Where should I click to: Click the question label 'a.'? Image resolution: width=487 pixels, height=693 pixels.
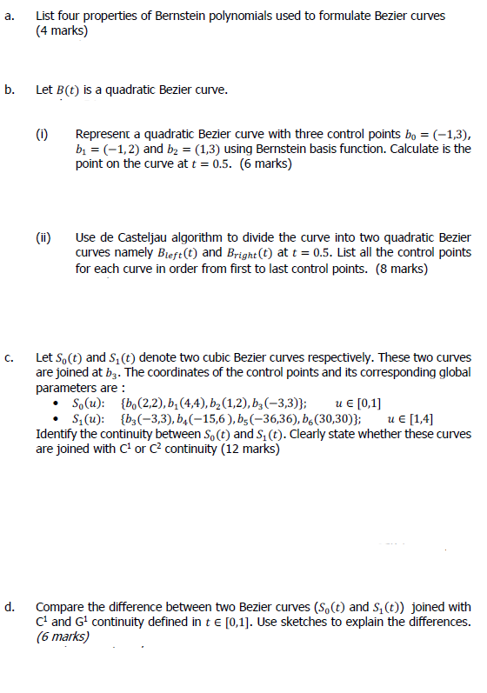tap(8, 16)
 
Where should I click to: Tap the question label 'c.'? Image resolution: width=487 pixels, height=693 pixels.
tap(8, 356)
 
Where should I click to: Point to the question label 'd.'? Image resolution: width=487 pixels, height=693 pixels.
tap(9, 605)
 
